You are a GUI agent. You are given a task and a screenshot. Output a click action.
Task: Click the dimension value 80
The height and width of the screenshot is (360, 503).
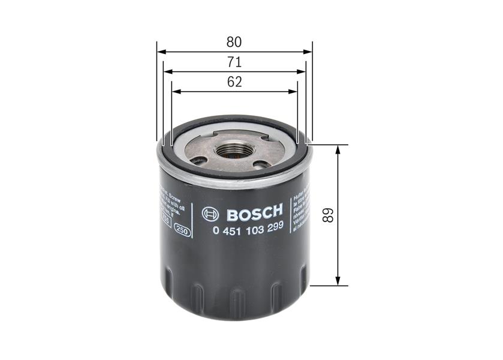tap(234, 43)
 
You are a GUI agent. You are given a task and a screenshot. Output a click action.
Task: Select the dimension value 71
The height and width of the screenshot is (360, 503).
tap(234, 62)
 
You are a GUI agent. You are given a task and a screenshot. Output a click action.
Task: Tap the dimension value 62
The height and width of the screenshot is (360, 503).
tap(234, 83)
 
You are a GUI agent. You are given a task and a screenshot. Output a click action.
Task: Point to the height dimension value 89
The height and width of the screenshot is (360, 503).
tap(327, 215)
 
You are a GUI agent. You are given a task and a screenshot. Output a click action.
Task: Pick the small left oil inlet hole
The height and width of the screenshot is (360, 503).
tap(199, 160)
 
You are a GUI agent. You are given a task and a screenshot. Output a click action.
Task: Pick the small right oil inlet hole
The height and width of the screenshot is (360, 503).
tap(261, 164)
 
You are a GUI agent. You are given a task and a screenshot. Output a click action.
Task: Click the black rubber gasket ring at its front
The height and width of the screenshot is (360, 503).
tap(234, 175)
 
